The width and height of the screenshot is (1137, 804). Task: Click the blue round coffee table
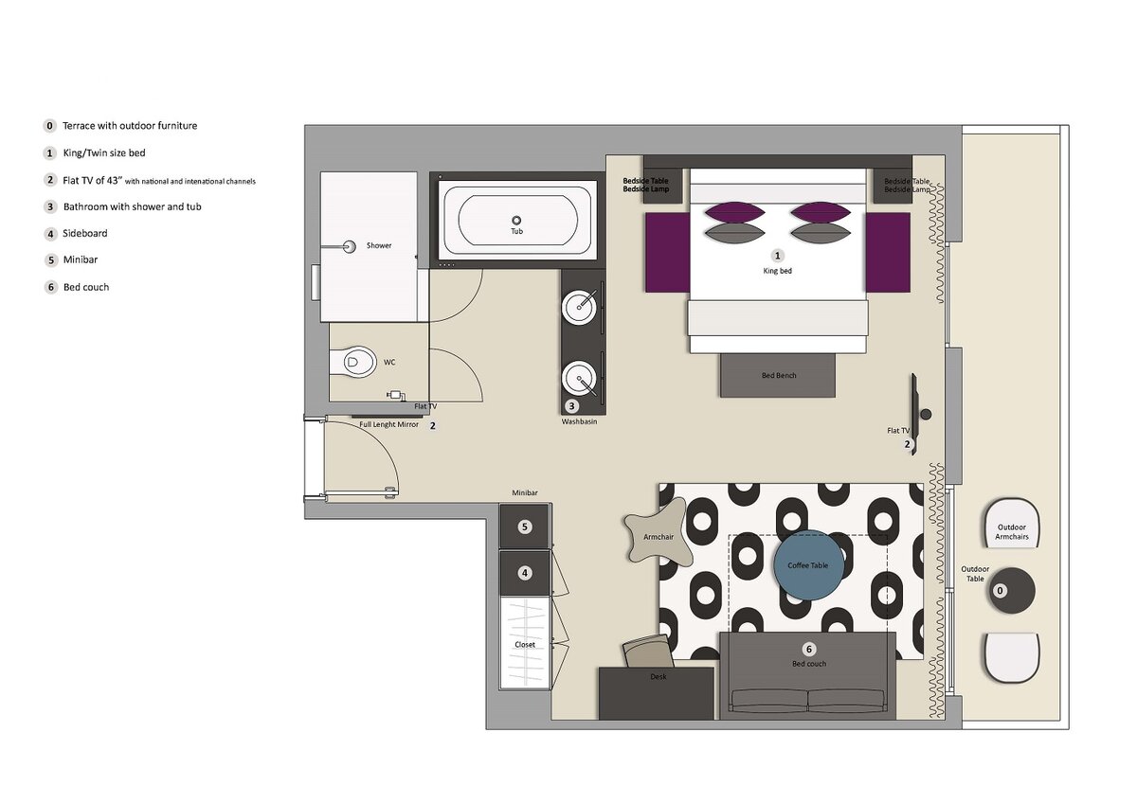pos(808,565)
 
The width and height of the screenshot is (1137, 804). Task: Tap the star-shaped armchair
pos(659,536)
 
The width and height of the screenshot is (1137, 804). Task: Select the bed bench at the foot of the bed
pos(778,375)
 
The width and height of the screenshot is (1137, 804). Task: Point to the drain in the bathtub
pos(516,220)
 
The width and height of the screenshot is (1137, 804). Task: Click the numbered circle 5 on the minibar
pos(525,527)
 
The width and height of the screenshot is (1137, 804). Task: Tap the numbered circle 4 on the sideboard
pos(525,573)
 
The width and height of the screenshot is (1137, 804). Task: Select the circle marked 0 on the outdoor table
pos(1000,590)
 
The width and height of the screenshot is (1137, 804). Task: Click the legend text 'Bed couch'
pos(86,287)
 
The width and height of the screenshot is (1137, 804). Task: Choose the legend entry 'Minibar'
pos(81,259)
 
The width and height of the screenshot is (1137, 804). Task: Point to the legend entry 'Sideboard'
pos(84,233)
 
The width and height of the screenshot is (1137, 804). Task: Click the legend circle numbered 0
pos(49,126)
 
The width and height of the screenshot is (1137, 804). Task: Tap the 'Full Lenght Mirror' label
pos(388,424)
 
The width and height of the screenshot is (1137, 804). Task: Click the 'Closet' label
pos(525,644)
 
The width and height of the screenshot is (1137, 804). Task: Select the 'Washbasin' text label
pos(579,421)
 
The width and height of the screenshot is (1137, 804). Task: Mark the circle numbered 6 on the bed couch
pos(809,649)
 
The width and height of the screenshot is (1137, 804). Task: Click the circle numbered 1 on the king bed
pos(777,256)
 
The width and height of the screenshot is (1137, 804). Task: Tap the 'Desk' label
pos(659,677)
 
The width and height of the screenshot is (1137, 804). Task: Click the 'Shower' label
pos(379,245)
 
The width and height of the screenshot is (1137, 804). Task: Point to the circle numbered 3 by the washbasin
pos(572,406)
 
